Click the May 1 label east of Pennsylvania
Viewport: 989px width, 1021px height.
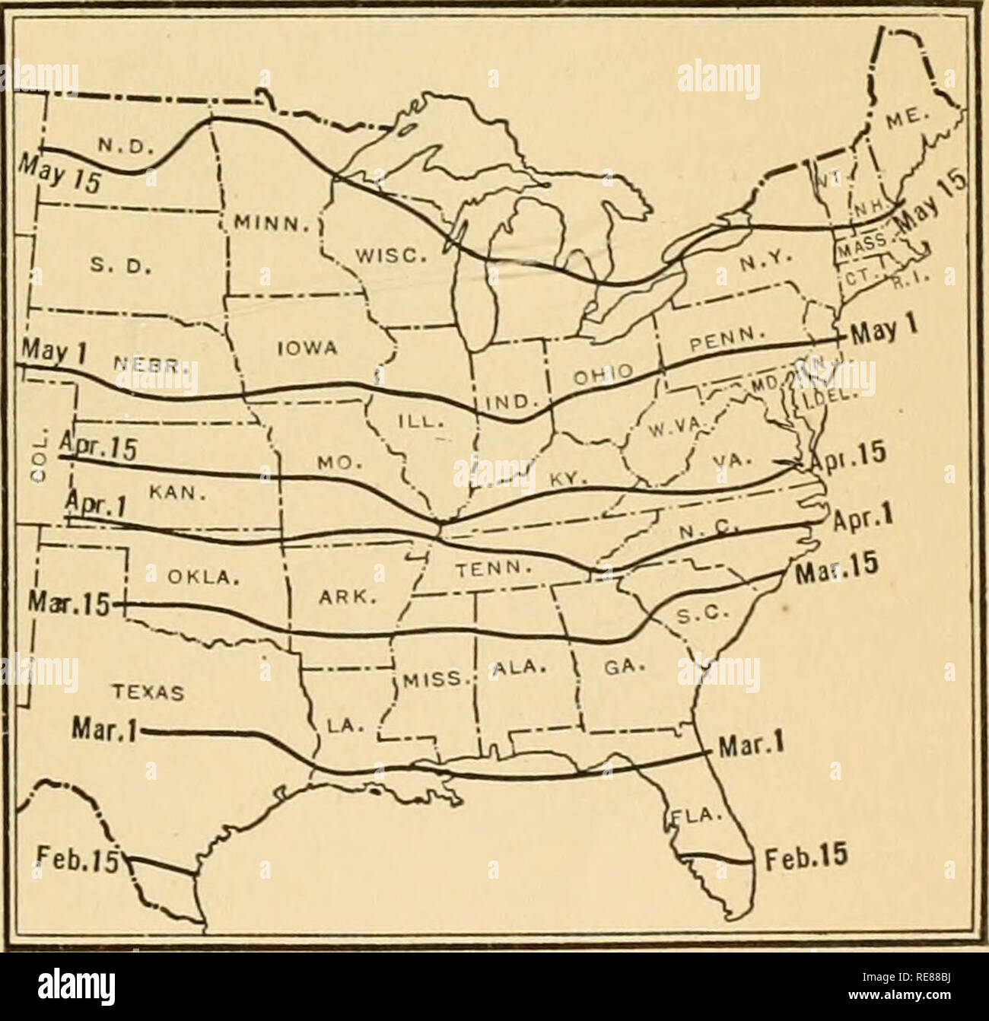point(884,332)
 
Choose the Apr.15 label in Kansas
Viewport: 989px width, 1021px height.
point(97,448)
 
